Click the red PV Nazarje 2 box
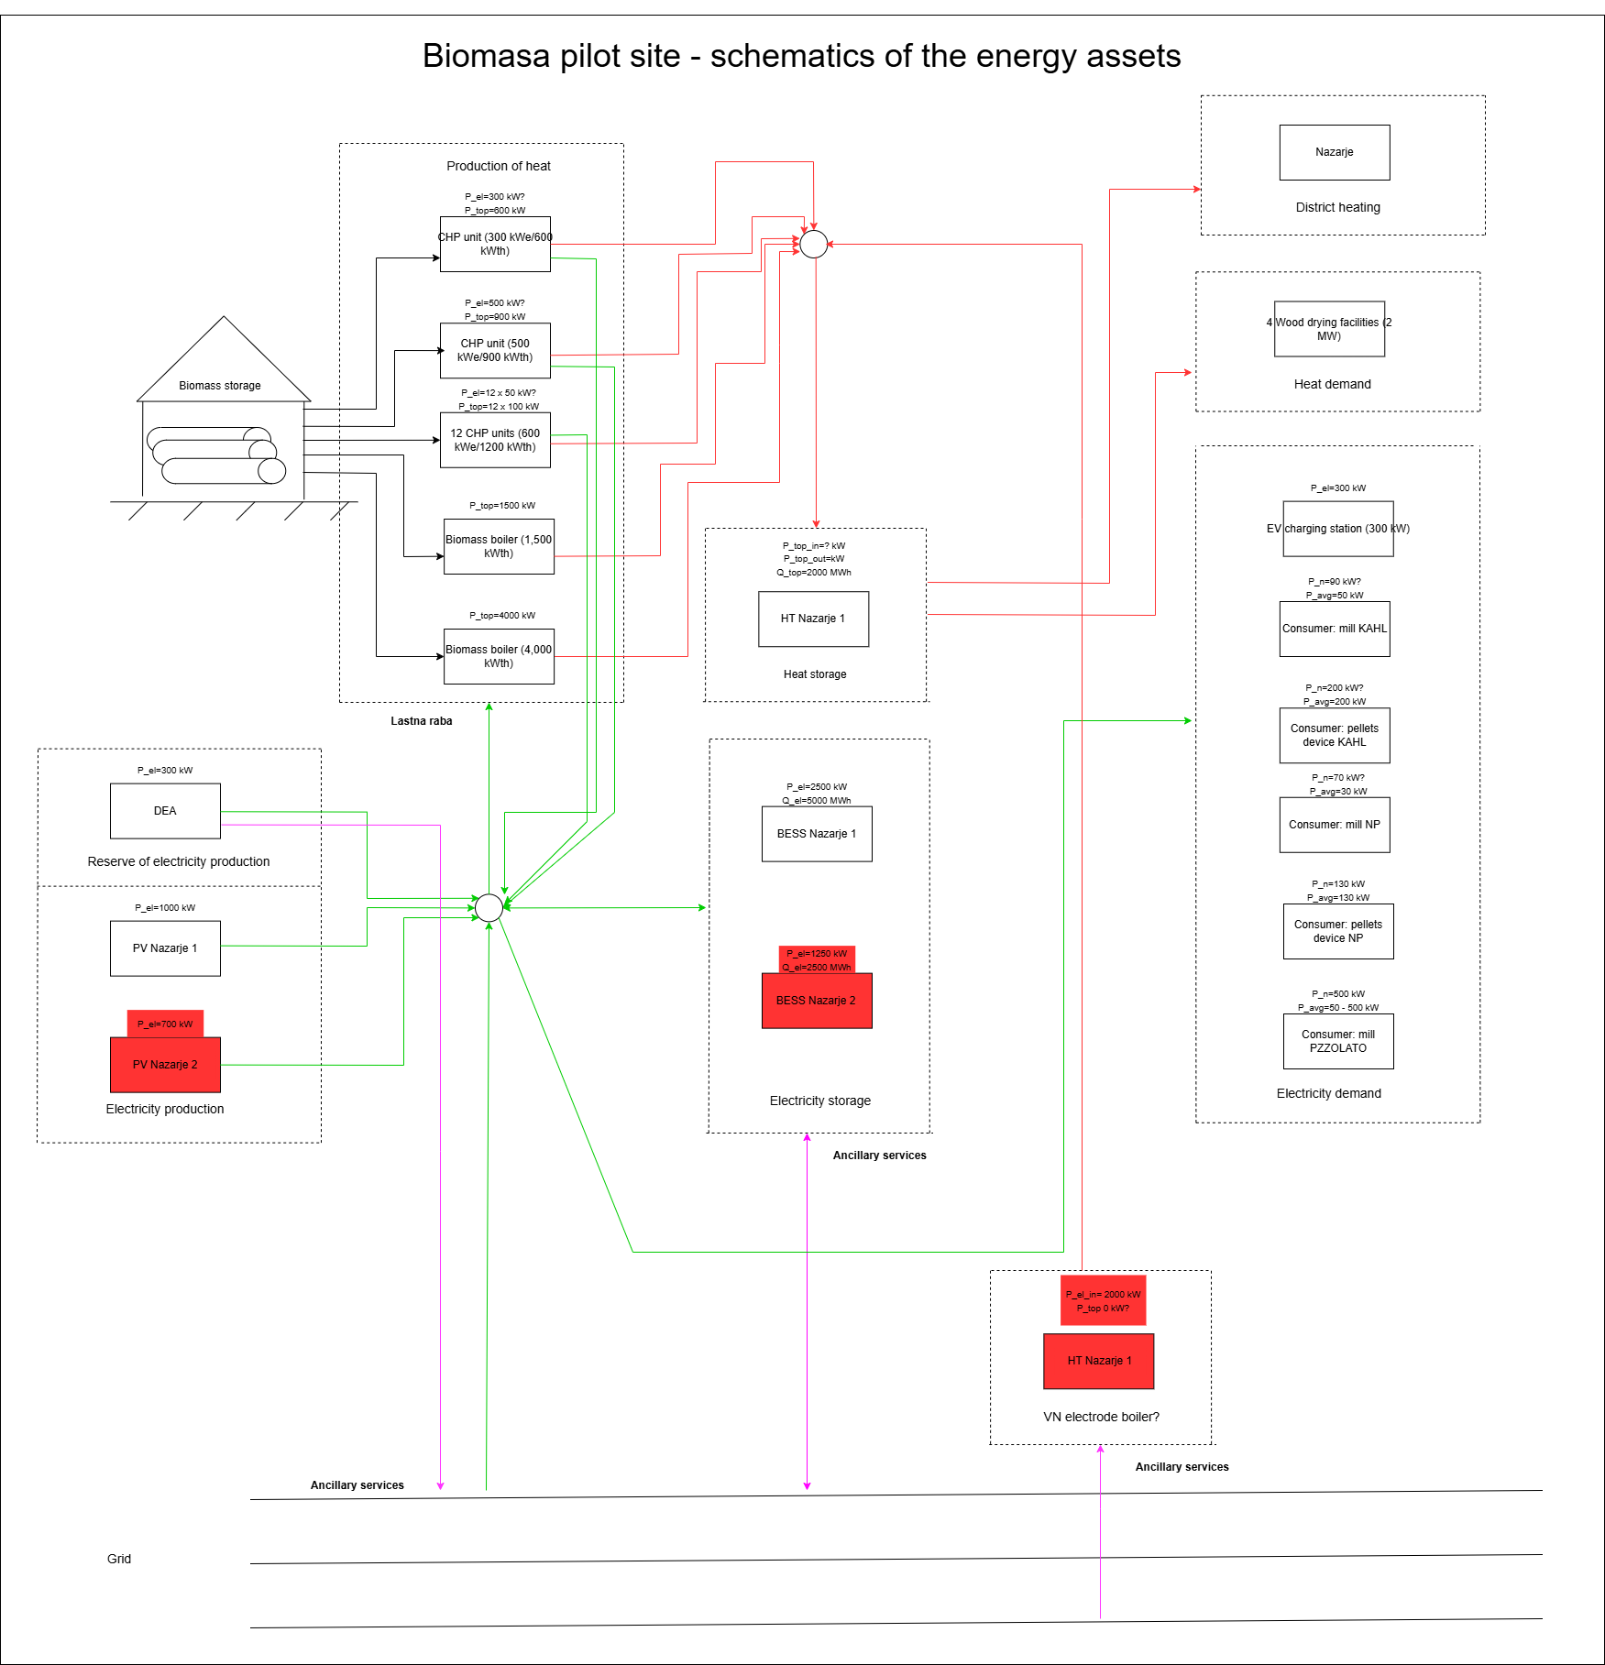click(x=165, y=1064)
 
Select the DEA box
click(x=165, y=811)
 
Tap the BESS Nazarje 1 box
click(x=817, y=834)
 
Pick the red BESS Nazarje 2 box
click(x=817, y=1001)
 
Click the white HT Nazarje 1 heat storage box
click(x=813, y=619)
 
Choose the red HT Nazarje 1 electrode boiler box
click(x=1098, y=1361)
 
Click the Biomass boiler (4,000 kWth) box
click(x=499, y=656)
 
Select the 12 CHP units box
click(x=495, y=440)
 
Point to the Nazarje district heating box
click(x=1335, y=152)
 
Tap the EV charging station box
click(x=1338, y=529)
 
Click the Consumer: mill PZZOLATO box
click(x=1338, y=1041)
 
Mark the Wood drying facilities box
click(x=1329, y=329)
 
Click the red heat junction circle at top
click(x=814, y=244)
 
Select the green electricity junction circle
click(x=489, y=907)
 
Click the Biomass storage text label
click(x=220, y=386)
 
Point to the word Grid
click(x=119, y=1559)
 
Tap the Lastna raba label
click(x=422, y=721)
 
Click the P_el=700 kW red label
click(x=165, y=1024)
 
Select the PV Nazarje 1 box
click(x=165, y=948)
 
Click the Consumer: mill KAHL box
click(x=1335, y=629)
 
